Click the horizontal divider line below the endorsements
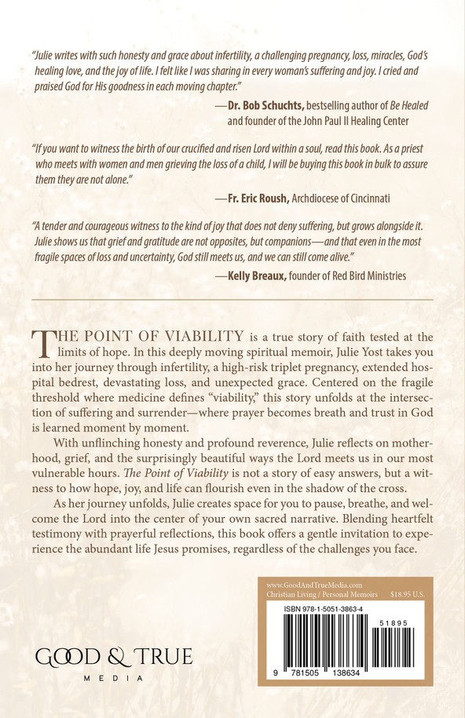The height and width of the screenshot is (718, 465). [x=233, y=300]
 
